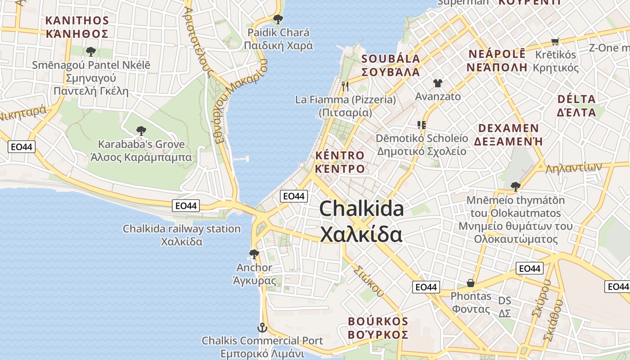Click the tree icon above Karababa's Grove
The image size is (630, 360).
141,131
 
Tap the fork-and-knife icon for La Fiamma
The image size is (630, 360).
345,86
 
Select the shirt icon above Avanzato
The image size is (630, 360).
437,83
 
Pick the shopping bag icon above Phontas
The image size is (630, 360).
471,283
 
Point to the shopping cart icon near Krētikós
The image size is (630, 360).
555,41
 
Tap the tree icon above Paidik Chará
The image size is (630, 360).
278,19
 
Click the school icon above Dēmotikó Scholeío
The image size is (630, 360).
422,125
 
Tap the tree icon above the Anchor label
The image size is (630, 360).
254,254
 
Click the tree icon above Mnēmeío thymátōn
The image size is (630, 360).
515,186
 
